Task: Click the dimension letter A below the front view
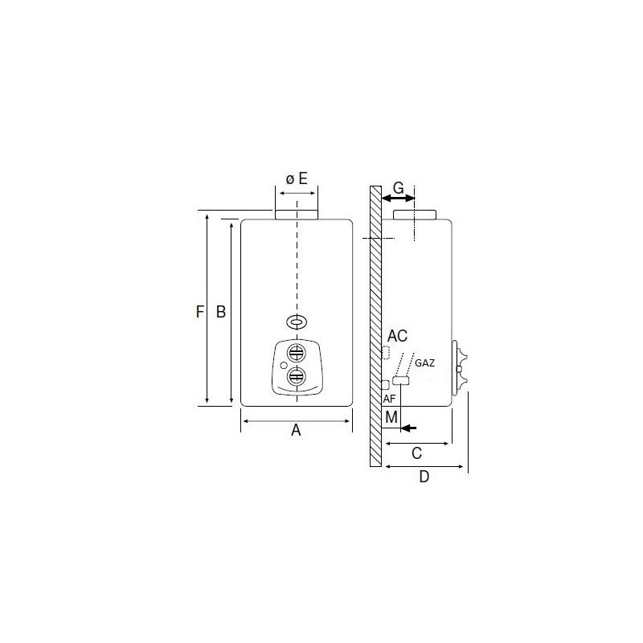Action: pos(296,430)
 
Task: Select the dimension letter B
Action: pos(220,312)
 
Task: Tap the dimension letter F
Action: pos(199,312)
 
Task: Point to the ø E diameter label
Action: pos(297,178)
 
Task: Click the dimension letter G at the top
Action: pos(399,188)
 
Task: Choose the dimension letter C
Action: pos(416,453)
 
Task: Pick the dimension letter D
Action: pos(424,477)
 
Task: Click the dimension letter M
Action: pos(391,417)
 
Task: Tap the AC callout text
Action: pos(397,336)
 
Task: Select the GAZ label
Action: pos(425,363)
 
